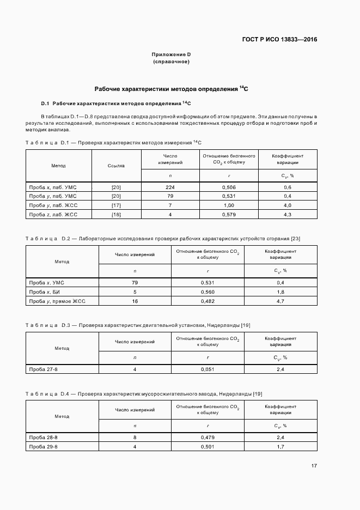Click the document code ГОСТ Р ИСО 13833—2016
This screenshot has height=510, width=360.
(x=279, y=39)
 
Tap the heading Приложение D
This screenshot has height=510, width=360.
(x=171, y=54)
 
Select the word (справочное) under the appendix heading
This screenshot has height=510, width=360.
(x=171, y=62)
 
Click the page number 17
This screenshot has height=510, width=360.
(x=314, y=466)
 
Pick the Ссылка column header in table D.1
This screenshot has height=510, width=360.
(x=116, y=165)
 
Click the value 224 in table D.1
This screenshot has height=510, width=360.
(x=170, y=187)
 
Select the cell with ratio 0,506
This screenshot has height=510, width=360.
(x=229, y=187)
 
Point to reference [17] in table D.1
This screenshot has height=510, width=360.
(x=116, y=205)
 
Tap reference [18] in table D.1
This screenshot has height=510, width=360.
(x=116, y=214)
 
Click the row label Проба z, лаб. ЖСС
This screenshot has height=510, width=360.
(x=53, y=214)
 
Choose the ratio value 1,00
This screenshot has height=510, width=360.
(x=229, y=205)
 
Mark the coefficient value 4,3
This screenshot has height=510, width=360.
(x=288, y=214)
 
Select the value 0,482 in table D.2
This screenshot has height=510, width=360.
(x=208, y=301)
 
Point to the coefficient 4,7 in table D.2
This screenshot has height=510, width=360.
(x=280, y=301)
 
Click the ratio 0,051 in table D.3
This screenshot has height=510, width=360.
(x=208, y=369)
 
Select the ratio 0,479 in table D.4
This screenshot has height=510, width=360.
(x=208, y=438)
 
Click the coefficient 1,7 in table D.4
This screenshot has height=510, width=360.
(x=280, y=447)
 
